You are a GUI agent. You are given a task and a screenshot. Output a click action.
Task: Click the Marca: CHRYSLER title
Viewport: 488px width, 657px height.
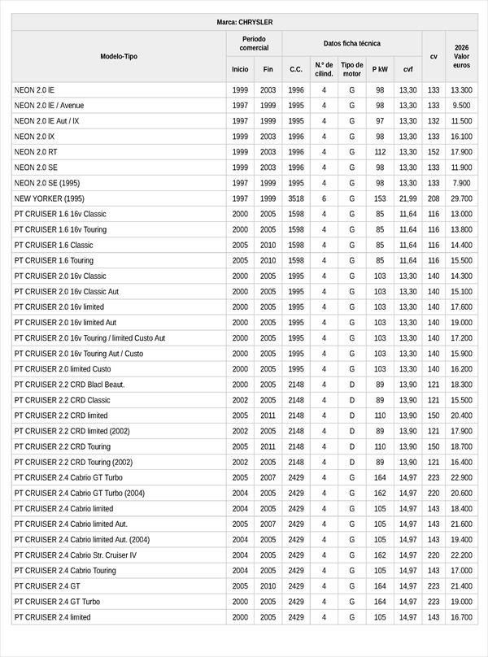244,22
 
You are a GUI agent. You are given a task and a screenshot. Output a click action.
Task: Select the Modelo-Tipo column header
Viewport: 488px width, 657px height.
119,56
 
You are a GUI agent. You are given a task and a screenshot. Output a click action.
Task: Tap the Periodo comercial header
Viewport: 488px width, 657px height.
254,43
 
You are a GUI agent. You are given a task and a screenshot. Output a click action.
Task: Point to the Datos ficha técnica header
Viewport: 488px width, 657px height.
351,43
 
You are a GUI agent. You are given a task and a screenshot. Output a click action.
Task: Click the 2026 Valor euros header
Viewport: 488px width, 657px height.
461,56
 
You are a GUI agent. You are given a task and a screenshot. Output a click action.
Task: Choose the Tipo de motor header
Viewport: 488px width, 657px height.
352,69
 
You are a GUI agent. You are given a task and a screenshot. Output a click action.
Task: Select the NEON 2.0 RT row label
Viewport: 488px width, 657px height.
36,152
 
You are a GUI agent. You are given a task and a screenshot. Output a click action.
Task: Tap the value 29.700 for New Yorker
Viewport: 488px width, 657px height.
461,198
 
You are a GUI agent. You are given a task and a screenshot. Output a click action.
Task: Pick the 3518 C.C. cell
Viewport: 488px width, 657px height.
296,198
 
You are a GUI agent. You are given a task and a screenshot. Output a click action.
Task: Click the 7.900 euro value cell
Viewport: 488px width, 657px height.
461,183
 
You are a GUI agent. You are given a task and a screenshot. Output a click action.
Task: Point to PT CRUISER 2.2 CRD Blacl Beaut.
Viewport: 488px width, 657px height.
69,385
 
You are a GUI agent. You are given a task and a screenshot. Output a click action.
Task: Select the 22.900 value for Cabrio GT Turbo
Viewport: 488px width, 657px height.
461,477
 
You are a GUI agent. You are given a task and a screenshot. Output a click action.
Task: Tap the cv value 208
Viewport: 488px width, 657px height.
434,198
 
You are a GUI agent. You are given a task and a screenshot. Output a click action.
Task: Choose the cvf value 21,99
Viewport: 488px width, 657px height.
407,198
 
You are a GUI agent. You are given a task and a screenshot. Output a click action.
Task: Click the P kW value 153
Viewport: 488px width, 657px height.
380,198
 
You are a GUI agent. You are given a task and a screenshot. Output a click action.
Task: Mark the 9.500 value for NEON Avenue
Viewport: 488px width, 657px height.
461,106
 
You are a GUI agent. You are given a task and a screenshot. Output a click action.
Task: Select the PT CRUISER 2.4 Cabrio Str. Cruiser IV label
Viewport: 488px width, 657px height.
76,555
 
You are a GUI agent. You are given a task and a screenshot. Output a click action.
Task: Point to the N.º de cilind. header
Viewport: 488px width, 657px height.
324,69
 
